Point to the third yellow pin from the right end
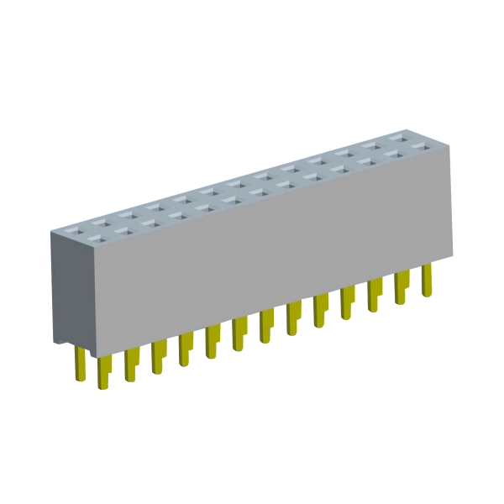[x=375, y=296]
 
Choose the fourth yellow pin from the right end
[x=348, y=303]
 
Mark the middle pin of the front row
[x=266, y=326]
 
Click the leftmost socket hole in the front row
[x=99, y=238]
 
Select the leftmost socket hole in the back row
[x=75, y=226]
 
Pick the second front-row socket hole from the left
[x=125, y=230]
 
